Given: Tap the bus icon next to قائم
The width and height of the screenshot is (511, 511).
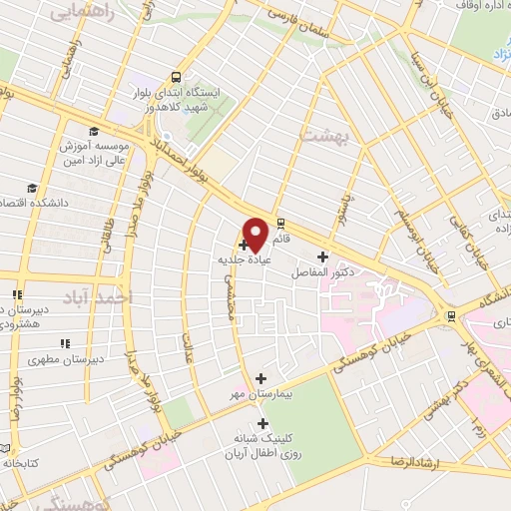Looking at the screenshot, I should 280,224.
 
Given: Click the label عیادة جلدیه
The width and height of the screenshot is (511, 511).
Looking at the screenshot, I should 247,258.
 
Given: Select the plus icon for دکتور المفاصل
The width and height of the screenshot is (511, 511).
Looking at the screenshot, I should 322,256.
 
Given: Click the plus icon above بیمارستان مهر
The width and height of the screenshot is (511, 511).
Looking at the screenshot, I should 261,378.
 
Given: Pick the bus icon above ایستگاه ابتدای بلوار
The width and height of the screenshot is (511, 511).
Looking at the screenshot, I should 177,76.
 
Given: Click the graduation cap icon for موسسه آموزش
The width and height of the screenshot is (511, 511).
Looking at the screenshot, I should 93,131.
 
